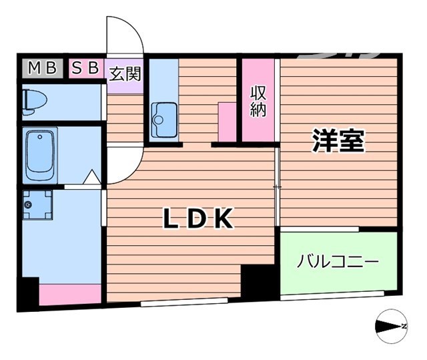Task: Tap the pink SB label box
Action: pos(86,68)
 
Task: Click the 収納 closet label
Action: pos(258,101)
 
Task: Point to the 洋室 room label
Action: pos(339,142)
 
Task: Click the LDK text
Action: pos(198,218)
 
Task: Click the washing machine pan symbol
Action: pos(37,205)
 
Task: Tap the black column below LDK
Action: pos(257,281)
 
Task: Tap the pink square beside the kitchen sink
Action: pos(227,121)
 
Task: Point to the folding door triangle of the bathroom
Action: pos(91,178)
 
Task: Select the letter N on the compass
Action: pos(404,326)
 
